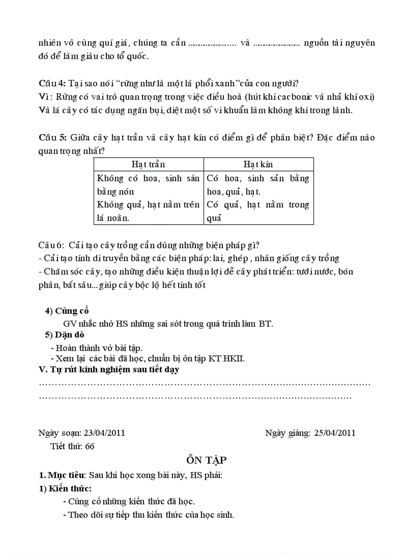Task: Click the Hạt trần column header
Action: (x=148, y=164)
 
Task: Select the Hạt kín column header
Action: (x=258, y=164)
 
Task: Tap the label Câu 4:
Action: (x=52, y=83)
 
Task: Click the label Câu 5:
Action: (x=52, y=137)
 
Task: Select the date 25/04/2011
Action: (x=334, y=433)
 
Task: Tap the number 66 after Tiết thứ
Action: (x=90, y=445)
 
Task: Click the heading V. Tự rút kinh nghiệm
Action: (x=108, y=370)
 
